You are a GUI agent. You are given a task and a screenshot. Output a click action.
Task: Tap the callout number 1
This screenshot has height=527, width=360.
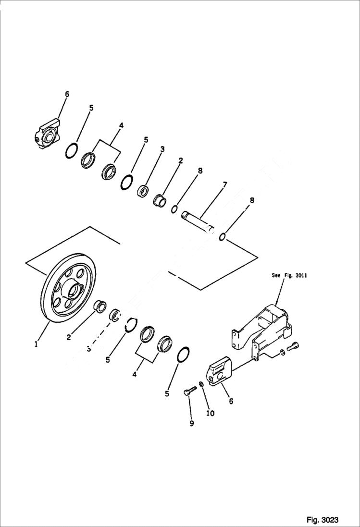(36, 344)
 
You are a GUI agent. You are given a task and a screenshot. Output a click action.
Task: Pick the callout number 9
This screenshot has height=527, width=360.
(191, 423)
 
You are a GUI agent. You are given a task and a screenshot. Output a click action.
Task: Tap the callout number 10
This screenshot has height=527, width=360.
(210, 413)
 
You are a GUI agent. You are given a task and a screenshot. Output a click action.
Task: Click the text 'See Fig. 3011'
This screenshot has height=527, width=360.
(289, 275)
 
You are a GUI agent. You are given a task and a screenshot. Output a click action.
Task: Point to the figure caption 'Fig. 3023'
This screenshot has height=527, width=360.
(322, 520)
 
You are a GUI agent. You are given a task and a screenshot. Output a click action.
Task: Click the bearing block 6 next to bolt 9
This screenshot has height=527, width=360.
(219, 371)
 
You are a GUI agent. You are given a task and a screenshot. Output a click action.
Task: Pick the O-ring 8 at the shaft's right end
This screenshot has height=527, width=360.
(223, 237)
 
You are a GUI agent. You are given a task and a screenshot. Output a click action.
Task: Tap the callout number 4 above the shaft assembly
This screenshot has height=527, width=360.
(121, 125)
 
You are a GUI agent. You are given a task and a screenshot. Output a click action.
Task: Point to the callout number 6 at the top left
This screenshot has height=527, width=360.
(67, 94)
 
